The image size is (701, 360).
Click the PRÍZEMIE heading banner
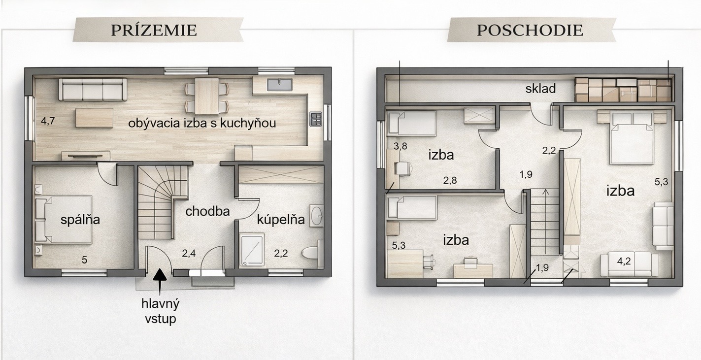point(158,30)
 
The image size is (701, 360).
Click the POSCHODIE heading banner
point(532,30)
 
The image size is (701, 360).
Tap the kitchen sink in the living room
point(279,85)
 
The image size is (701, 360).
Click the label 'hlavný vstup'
point(160,311)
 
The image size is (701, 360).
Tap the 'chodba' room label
point(207,212)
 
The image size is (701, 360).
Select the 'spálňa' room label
point(80,220)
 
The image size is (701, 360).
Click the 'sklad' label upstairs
point(540,89)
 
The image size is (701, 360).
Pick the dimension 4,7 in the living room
point(48,121)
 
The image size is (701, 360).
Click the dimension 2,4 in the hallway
point(189,253)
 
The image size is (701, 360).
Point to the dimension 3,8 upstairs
point(401,146)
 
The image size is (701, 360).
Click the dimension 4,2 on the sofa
point(623,261)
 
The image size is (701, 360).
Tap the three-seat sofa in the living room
point(93,90)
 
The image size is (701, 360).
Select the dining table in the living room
point(206,96)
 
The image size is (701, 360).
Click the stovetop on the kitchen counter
point(315,119)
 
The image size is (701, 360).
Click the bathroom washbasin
point(316,216)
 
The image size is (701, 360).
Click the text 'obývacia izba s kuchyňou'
point(202,123)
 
